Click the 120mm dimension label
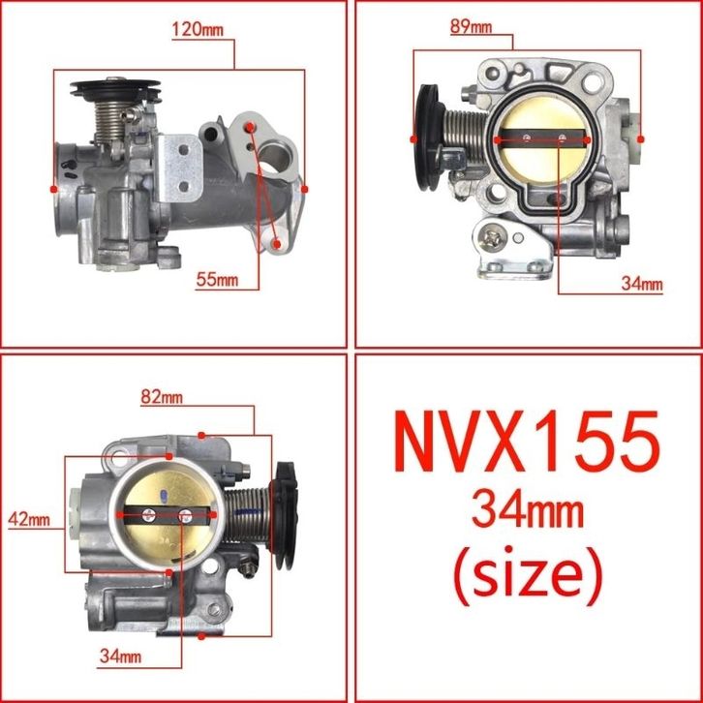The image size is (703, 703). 198,30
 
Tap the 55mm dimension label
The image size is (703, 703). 218,280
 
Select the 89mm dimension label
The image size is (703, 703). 471,27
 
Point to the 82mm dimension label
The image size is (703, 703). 162,397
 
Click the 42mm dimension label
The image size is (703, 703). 29,519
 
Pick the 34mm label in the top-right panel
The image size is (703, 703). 642,284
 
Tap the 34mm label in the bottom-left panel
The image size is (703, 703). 121,657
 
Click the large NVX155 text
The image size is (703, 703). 527,441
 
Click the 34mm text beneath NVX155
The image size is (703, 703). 527,511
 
